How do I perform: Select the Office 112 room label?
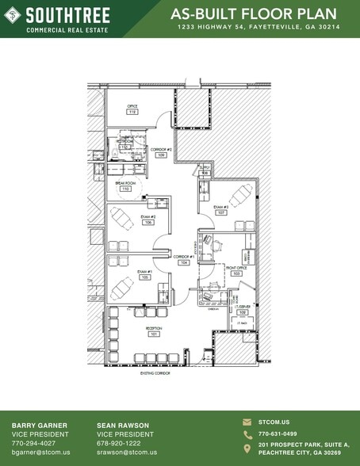tap(132, 109)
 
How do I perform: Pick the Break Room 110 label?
tap(124, 186)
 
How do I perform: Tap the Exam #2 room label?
tap(148, 220)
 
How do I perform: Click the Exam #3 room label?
tap(221, 210)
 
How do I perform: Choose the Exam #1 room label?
tap(144, 274)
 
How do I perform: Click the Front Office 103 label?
tap(236, 270)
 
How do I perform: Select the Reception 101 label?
tap(153, 330)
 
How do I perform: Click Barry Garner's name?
tap(40, 425)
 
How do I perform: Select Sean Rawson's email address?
tap(127, 453)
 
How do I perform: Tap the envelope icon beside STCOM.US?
tap(247, 422)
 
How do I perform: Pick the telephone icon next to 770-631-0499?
tap(247, 434)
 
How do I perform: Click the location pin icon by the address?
tap(247, 448)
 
